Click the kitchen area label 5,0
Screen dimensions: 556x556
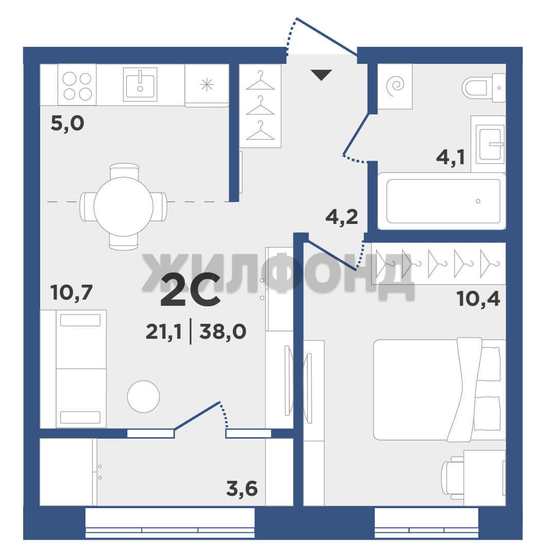pos(67,124)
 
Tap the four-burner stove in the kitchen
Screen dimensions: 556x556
pos(77,85)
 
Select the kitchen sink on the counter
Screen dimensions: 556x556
pos(140,84)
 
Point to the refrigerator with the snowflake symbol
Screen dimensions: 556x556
pos(207,85)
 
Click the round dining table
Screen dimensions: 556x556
pos(124,207)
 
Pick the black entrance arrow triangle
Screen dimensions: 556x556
pos(321,75)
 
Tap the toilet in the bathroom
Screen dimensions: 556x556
pos(483,88)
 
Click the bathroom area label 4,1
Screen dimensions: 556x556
pos(450,157)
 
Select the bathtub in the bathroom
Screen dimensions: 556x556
pos(442,201)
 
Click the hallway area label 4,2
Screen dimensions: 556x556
pos(341,217)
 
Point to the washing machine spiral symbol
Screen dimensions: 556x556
pos(395,87)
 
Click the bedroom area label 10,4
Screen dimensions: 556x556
pos(479,299)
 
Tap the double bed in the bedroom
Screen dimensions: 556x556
pos(439,390)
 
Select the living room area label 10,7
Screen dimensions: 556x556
pos(72,292)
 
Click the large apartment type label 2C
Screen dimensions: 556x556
pos(191,290)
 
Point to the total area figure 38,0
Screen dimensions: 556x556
pos(223,332)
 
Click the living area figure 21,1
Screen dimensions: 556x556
pos(164,332)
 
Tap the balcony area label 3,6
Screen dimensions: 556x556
pos(242,489)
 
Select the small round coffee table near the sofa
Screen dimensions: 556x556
pos(143,396)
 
